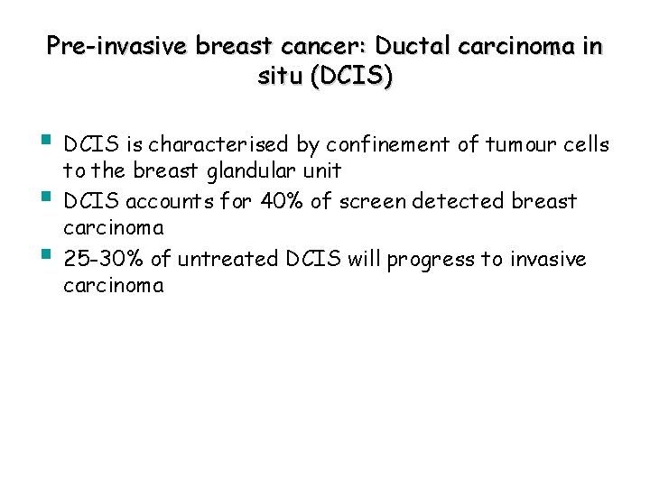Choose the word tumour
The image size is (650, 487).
[x=515, y=145]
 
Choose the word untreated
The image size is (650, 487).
[x=228, y=261]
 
